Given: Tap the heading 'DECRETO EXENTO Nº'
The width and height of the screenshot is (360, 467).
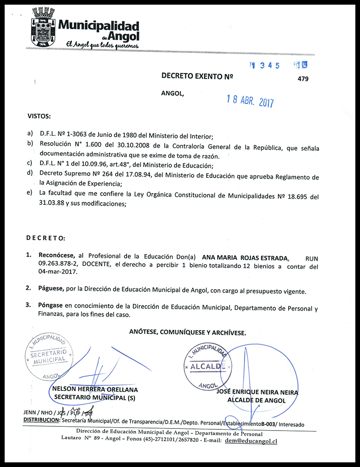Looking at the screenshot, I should (197, 76).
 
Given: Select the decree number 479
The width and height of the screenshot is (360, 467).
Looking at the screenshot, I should (303, 79).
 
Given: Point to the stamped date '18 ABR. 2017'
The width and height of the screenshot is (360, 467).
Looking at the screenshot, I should (250, 101).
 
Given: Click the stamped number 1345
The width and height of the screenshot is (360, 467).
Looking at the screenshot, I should (265, 66).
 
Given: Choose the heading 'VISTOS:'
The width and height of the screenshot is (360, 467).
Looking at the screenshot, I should (39, 116).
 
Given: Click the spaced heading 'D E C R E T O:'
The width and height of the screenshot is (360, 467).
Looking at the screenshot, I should (46, 238).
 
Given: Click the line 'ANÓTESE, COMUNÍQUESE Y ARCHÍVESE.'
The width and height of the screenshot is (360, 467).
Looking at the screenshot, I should (188, 332).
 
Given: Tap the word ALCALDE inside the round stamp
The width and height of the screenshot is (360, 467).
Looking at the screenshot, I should (206, 366).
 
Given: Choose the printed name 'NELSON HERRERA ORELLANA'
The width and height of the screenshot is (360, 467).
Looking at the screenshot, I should (95, 390).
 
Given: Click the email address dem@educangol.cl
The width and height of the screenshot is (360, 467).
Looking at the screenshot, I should (251, 441).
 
